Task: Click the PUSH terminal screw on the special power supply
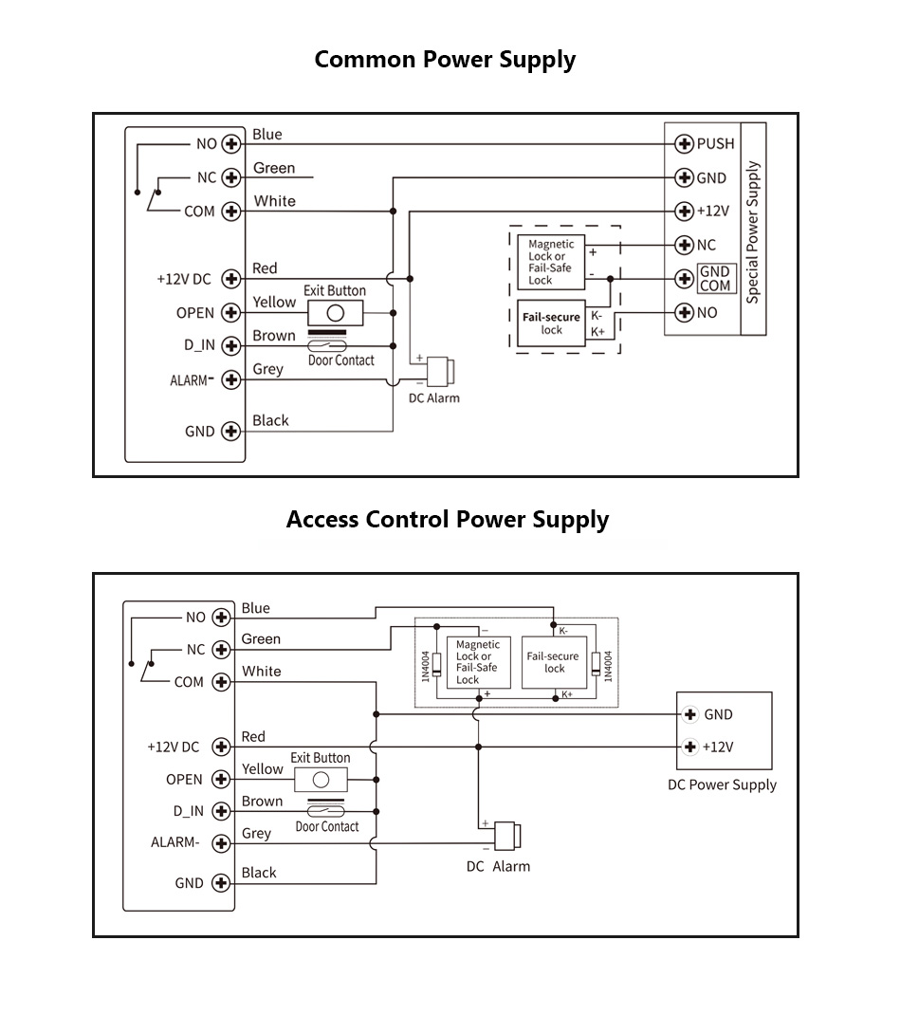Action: tap(683, 144)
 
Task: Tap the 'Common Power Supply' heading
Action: tap(445, 60)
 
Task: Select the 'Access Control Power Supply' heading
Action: tap(448, 520)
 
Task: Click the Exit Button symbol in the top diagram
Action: tap(334, 312)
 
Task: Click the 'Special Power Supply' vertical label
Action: tap(753, 232)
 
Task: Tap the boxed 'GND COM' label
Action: tap(715, 279)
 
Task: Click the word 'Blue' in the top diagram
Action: tap(267, 135)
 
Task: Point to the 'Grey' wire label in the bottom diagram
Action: tap(256, 834)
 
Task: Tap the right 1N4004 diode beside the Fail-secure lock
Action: tap(595, 663)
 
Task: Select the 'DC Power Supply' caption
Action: tap(722, 785)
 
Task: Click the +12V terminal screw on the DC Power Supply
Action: tap(690, 747)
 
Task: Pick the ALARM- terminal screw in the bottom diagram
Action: tap(222, 843)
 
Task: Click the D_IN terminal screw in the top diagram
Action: tap(230, 346)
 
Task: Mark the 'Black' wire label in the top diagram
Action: tap(270, 421)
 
